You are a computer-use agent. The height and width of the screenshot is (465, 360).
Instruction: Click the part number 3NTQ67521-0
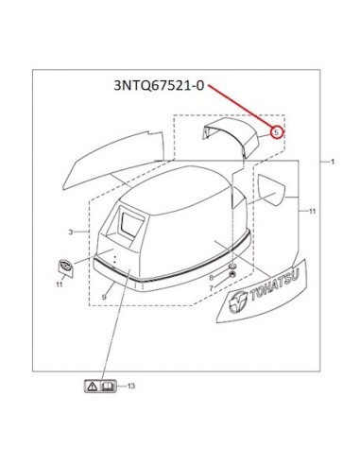pos(159,86)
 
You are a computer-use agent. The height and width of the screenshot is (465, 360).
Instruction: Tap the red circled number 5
pos(277,132)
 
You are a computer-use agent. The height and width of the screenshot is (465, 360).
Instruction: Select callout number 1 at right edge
pos(333,162)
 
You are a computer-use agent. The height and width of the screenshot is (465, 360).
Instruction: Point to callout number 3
pos(71,232)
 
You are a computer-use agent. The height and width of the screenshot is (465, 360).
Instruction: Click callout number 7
pos(212,287)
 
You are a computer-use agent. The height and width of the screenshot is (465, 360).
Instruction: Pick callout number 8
pos(212,278)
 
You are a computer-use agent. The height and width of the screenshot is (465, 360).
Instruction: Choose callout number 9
pos(104,297)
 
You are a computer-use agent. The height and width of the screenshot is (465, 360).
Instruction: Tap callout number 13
pos(131,386)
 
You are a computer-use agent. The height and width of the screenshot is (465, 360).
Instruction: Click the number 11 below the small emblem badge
pos(60,284)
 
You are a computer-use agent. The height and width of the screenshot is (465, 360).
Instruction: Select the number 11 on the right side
pos(312,211)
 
